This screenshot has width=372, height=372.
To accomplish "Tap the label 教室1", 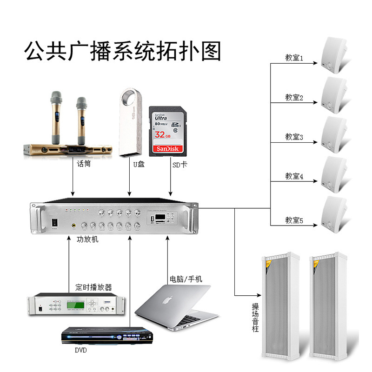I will (294, 58).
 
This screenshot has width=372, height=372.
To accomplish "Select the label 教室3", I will (294, 137).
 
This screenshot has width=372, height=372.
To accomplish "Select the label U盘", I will (139, 164).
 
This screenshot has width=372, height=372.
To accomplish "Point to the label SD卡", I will (179, 164).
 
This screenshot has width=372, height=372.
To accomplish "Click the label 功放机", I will (87, 240).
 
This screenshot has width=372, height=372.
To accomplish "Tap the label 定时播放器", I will (93, 287).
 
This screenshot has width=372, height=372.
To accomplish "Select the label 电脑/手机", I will (186, 279).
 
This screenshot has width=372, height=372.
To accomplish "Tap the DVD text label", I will (80, 350).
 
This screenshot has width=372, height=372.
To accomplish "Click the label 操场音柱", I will (255, 318).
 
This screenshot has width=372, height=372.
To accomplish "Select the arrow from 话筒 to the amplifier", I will (73, 181).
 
